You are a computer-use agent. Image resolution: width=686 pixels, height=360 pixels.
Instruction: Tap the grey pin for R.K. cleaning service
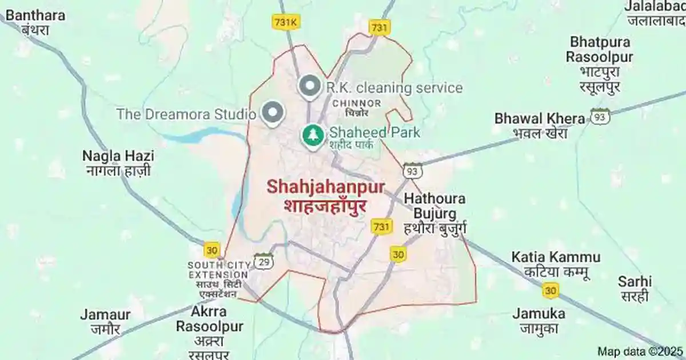[x=310, y=87]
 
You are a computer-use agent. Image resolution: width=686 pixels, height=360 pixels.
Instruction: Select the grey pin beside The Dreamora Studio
[x=273, y=113]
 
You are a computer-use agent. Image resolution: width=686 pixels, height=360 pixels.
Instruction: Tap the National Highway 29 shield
[x=264, y=261]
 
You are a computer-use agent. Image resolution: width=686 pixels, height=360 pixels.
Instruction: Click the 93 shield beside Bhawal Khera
[x=600, y=117]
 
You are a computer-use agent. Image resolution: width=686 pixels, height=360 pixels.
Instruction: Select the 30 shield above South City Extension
[x=212, y=250]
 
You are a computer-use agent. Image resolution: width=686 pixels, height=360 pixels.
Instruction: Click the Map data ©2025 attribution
[x=640, y=351]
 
